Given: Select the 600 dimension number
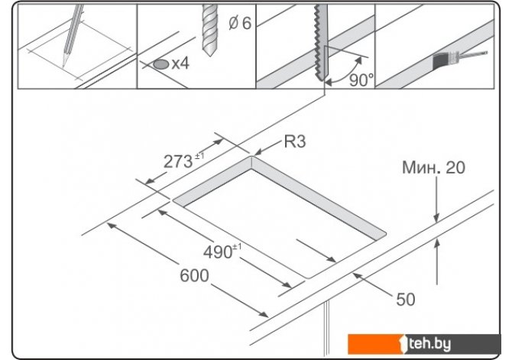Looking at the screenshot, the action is [x=194, y=275].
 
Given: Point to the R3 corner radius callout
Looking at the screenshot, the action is [x=295, y=141].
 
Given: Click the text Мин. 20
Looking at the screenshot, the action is [x=433, y=167].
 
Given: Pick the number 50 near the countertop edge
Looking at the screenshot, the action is [x=406, y=300].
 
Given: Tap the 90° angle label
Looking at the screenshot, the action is [x=361, y=79].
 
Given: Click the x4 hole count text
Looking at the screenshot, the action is [x=180, y=63].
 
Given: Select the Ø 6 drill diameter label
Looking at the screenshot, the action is [x=240, y=23].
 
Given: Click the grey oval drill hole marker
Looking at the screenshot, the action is [x=161, y=64].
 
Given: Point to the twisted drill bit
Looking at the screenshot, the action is [x=209, y=30].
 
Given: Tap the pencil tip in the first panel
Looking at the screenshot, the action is [x=63, y=66].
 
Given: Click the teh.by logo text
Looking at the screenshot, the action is [x=429, y=344].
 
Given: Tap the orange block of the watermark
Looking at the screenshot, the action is [x=375, y=344].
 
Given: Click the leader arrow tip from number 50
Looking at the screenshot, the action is [x=354, y=274].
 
